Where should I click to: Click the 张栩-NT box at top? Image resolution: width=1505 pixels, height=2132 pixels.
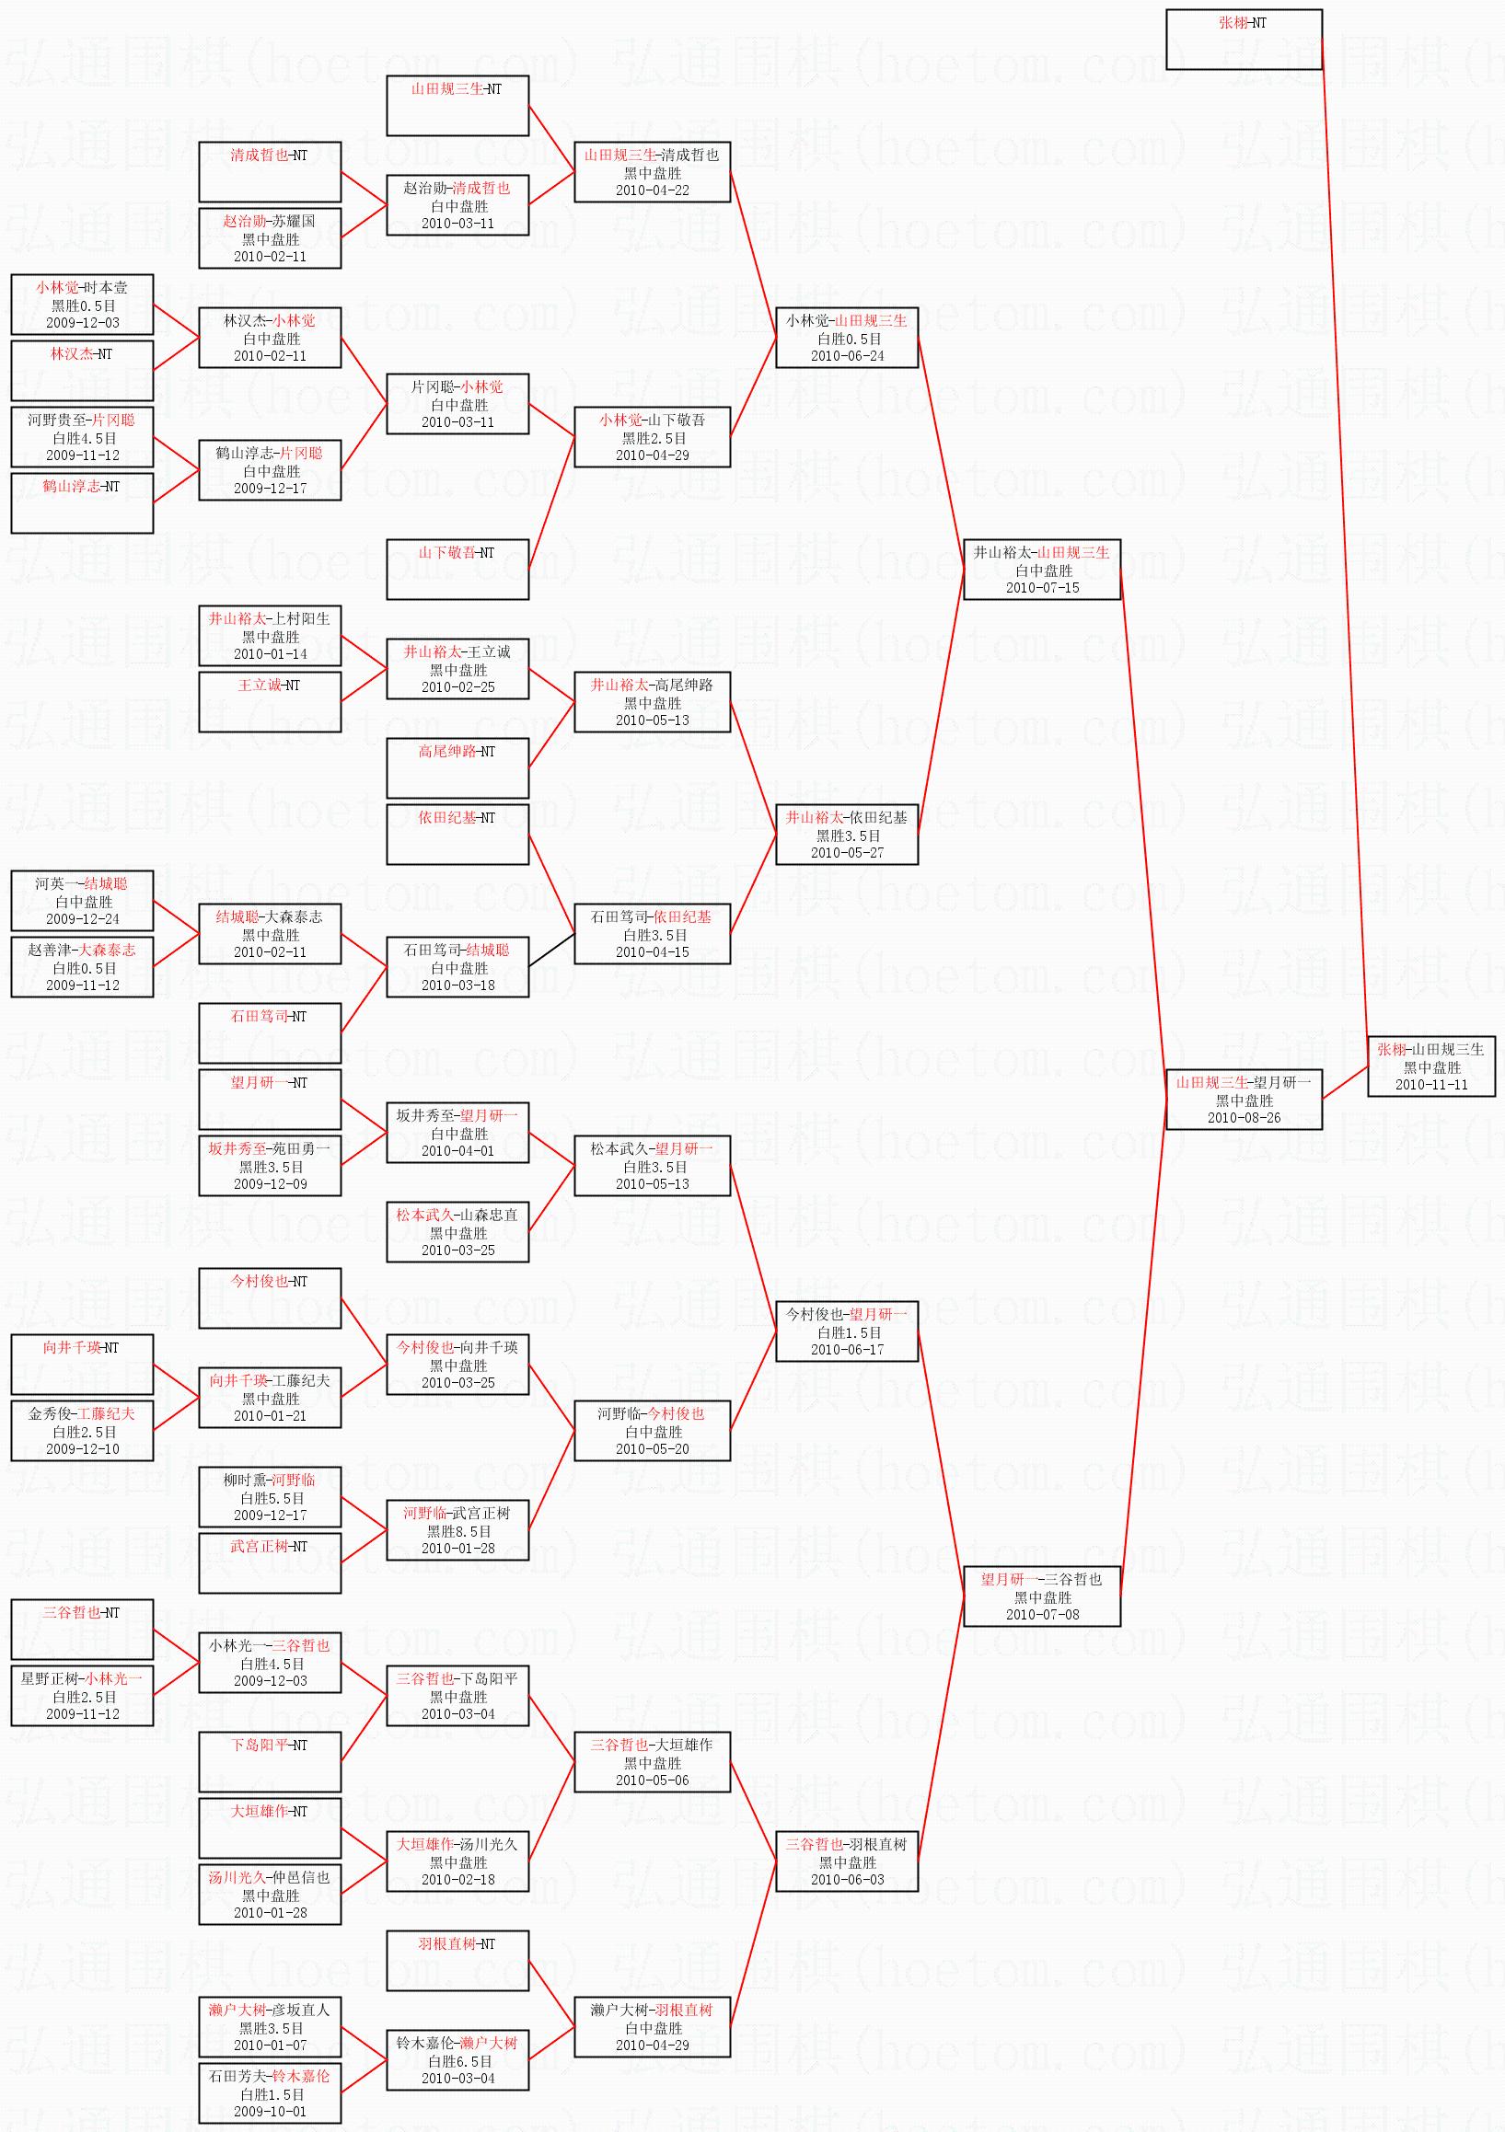point(1244,40)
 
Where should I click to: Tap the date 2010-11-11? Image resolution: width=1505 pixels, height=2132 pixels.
point(1431,1085)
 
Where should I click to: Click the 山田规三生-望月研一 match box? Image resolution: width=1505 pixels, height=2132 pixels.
point(1244,1100)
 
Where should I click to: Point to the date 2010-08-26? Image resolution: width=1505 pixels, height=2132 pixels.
point(1244,1118)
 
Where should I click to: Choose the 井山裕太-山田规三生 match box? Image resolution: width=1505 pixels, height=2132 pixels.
point(1041,570)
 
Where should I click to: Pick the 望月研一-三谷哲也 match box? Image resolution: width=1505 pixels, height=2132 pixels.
point(1041,1597)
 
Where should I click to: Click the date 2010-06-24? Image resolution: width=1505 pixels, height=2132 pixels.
point(847,356)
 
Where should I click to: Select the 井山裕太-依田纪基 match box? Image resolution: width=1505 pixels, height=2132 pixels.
point(847,835)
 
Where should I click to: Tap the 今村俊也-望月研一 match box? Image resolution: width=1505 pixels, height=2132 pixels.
point(847,1331)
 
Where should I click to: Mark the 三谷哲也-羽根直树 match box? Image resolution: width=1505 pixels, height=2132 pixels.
point(847,1861)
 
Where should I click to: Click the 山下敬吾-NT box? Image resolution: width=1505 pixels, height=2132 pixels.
point(458,570)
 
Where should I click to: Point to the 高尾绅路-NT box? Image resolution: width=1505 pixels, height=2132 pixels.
point(458,768)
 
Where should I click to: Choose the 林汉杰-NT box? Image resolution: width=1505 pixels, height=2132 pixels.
point(82,371)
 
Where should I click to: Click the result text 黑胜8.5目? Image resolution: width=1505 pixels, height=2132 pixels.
point(458,1531)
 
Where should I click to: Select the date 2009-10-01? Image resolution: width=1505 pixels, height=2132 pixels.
point(271,2111)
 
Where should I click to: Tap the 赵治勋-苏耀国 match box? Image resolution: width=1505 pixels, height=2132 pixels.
point(271,237)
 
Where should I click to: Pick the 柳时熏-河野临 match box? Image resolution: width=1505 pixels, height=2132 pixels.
point(271,1497)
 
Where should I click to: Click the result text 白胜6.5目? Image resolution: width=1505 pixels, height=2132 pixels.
point(458,2061)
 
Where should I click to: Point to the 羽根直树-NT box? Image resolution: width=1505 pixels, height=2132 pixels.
point(458,1961)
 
